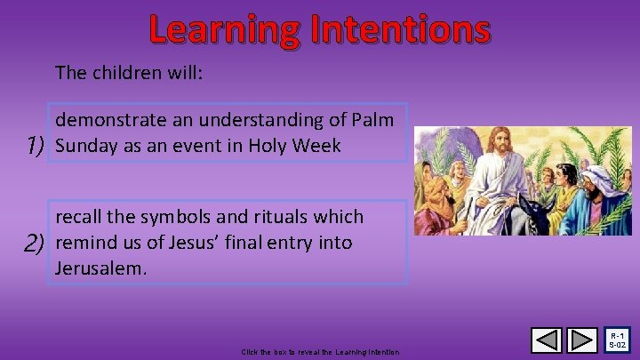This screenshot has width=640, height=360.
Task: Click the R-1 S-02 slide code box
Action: [619, 340]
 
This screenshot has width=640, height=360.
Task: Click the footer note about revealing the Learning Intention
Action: [320, 353]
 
